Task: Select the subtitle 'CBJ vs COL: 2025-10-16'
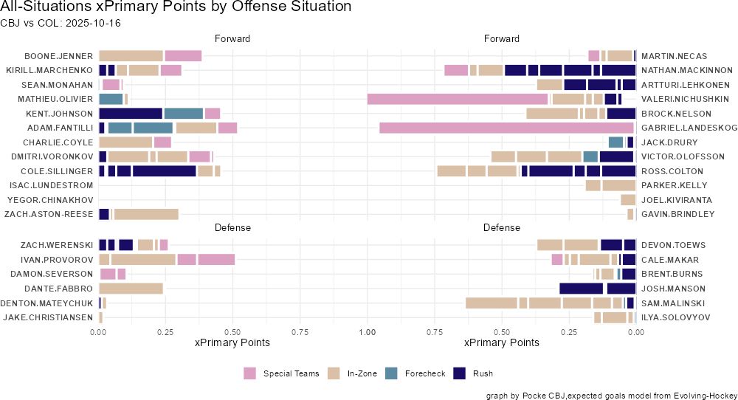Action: (61, 23)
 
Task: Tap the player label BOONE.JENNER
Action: (58, 56)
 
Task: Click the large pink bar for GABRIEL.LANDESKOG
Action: (506, 128)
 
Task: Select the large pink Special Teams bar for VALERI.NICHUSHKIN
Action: (457, 99)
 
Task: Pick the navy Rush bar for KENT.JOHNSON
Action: (131, 114)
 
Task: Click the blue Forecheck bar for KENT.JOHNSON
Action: (183, 114)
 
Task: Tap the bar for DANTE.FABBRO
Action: (131, 289)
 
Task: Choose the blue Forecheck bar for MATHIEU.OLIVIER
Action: (111, 99)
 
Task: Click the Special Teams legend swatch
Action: (249, 373)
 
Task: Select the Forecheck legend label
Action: (425, 373)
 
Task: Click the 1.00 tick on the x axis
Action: (367, 332)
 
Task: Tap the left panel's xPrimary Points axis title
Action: (232, 343)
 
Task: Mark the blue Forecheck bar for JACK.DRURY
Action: (615, 142)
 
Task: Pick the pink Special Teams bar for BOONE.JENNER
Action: (183, 56)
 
